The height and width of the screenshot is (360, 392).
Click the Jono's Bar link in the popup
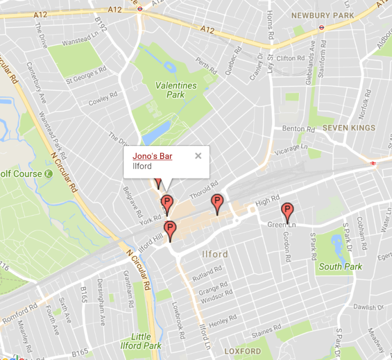pyautogui.click(x=153, y=156)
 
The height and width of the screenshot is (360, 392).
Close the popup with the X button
pyautogui.click(x=198, y=156)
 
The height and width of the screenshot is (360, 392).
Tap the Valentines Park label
pyautogui.click(x=176, y=90)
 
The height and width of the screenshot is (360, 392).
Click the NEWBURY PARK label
pyautogui.click(x=323, y=16)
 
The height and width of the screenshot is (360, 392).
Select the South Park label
pyautogui.click(x=340, y=267)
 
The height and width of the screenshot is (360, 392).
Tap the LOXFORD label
pyautogui.click(x=242, y=351)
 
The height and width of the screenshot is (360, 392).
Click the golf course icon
pyautogui.click(x=49, y=174)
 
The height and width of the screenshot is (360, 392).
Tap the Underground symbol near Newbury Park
pyautogui.click(x=321, y=27)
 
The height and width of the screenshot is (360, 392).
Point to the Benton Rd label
pyautogui.click(x=299, y=129)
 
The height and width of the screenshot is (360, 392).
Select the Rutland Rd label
pyautogui.click(x=207, y=273)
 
